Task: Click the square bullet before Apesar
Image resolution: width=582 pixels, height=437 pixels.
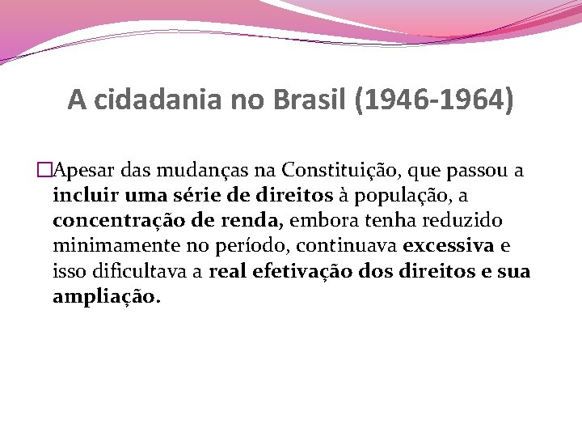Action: [x=44, y=171]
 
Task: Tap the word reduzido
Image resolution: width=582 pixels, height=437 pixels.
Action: [x=465, y=221]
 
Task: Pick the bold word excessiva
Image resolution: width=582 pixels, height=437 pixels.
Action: [x=447, y=246]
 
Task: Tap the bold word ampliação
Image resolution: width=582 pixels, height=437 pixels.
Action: [x=106, y=296]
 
